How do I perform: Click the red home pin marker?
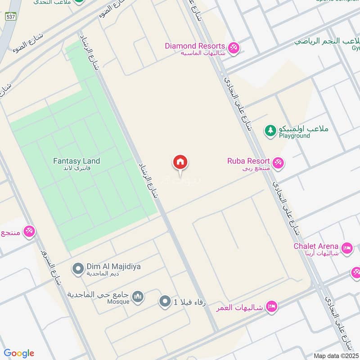pos(180,162)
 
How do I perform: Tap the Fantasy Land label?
pos(76,161)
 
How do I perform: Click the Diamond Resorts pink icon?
pos(233,47)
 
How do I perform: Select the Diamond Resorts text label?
pos(194,46)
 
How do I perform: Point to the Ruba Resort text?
pos(248,161)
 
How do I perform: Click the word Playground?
pos(294,136)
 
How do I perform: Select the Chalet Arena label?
pos(316,246)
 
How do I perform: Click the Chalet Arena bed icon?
pos(346,247)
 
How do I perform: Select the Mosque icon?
pos(138,297)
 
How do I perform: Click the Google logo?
pos(19,353)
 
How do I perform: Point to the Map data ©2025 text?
pos(335,355)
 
